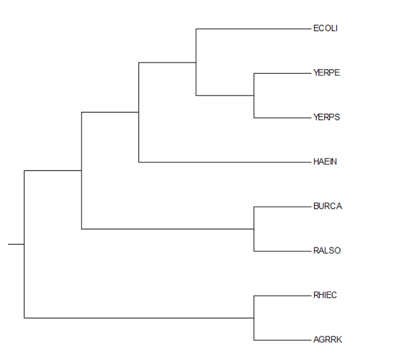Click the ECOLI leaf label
(325, 28)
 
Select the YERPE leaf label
(327, 72)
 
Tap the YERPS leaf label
(327, 117)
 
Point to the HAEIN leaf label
(325, 161)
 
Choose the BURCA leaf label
(328, 206)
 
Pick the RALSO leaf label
(327, 250)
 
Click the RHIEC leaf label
(325, 295)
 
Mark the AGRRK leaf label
(327, 340)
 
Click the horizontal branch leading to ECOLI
(253, 29)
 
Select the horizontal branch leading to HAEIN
(225, 163)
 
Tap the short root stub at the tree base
(16, 244)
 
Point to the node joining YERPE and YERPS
(254, 95)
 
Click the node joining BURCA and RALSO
(254, 229)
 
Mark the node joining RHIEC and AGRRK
(254, 318)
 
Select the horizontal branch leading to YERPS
(282, 118)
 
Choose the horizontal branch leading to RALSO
(282, 251)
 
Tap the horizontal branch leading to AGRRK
(282, 340)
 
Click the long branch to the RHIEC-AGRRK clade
(139, 318)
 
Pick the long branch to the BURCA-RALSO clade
(167, 229)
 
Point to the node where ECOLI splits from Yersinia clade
(196, 63)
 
